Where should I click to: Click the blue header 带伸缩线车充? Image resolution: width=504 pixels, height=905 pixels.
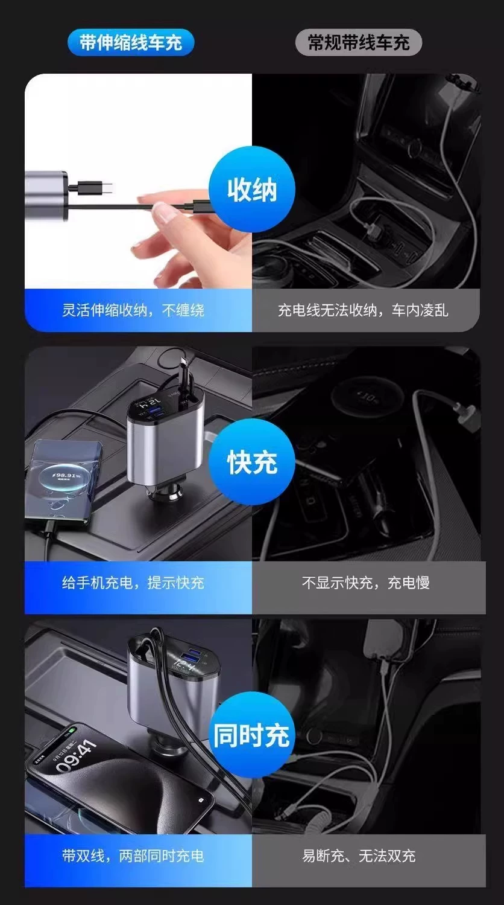[x=131, y=42]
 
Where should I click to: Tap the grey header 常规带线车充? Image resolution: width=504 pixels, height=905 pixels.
[x=358, y=42]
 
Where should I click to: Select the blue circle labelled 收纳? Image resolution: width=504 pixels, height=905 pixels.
[x=252, y=190]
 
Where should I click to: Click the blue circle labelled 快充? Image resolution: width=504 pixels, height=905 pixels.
[x=252, y=462]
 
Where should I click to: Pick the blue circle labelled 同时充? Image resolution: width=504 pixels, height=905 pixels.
[x=252, y=735]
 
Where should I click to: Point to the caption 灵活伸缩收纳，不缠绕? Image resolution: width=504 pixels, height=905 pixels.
[x=133, y=310]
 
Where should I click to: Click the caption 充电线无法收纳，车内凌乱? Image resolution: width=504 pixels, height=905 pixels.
[x=363, y=310]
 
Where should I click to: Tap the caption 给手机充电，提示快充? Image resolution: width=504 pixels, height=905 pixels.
[x=133, y=583]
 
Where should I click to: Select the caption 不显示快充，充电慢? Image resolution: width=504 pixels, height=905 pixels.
[x=365, y=583]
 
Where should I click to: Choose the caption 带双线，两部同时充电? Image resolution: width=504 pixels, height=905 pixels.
[x=133, y=855]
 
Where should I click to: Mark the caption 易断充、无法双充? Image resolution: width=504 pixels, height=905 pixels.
[x=359, y=855]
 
